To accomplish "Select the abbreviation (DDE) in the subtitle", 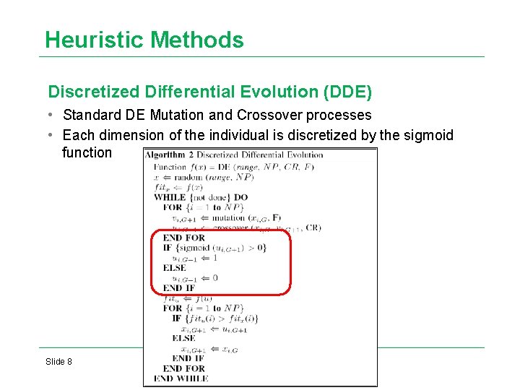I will coord(348,92).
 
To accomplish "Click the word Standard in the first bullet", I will coord(90,115).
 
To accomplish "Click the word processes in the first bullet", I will coord(339,115).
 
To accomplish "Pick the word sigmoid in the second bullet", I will coord(428,134).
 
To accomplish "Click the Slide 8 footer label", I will coord(58,361).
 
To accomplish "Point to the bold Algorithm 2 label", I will coord(169,154).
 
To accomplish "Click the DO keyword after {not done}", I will coord(240,196).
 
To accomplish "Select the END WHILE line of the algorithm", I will coord(181,378).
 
